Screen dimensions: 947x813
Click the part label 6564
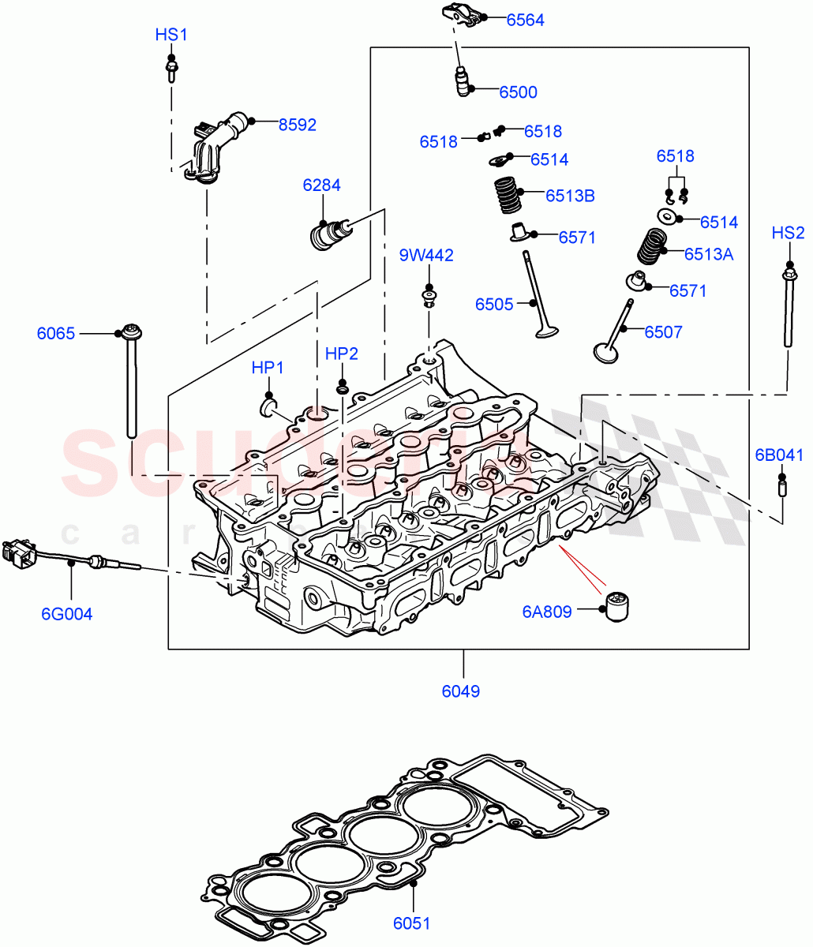525,21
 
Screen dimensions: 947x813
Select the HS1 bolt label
171,35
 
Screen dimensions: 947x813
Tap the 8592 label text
297,125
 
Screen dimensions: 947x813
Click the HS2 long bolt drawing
788,308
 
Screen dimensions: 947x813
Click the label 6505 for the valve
494,304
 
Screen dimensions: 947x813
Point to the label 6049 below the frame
461,691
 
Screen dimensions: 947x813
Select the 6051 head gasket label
414,923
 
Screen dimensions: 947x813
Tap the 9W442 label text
426,255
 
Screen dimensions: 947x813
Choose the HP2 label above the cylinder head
342,354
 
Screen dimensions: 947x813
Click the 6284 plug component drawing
326,234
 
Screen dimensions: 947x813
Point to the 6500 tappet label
518,92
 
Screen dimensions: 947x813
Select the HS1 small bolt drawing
170,69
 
